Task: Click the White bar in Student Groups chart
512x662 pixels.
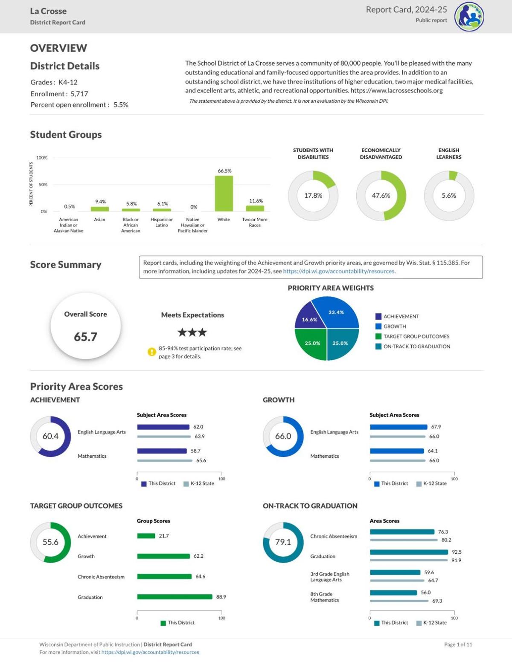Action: pyautogui.click(x=224, y=194)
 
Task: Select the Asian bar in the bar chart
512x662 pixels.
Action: pyautogui.click(x=100, y=209)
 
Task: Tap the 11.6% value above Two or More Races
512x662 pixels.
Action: pyautogui.click(x=256, y=201)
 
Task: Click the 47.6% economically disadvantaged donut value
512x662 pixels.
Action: pyautogui.click(x=381, y=195)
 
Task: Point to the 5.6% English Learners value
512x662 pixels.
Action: pyautogui.click(x=449, y=195)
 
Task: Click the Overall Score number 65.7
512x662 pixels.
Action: pyautogui.click(x=85, y=337)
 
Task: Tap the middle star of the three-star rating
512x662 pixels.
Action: pyautogui.click(x=192, y=332)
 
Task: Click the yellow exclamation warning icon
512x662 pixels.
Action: pyautogui.click(x=152, y=352)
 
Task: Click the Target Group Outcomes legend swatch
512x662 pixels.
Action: pyautogui.click(x=378, y=336)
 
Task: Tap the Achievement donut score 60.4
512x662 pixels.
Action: pyautogui.click(x=50, y=436)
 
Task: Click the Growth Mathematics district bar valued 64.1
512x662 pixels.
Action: pyautogui.click(x=397, y=451)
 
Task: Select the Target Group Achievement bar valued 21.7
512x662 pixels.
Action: pyautogui.click(x=146, y=536)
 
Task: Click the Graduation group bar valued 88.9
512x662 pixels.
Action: pyautogui.click(x=175, y=597)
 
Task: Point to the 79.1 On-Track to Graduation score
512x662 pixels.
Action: pyautogui.click(x=283, y=542)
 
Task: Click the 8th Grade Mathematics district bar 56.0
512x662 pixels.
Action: pyautogui.click(x=393, y=593)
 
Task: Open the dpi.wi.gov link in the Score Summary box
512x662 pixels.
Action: pyautogui.click(x=338, y=271)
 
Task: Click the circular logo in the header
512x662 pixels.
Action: pyautogui.click(x=469, y=17)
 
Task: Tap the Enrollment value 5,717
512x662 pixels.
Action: pyautogui.click(x=79, y=94)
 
